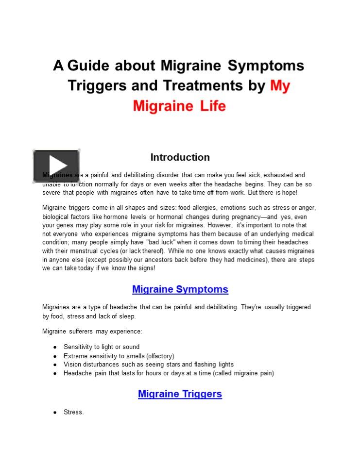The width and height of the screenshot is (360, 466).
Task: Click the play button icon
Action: point(56,166)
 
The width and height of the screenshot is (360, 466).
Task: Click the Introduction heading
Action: point(180,157)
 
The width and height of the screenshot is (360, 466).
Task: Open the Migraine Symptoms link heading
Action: point(180,289)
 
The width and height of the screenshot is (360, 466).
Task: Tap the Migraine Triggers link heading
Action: point(180,394)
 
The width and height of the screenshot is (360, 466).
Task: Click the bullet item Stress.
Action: point(73,412)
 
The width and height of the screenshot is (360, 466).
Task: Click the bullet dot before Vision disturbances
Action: point(55,365)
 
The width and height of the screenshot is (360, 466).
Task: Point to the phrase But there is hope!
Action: point(272,193)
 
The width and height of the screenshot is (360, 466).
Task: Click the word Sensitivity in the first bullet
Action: point(78,347)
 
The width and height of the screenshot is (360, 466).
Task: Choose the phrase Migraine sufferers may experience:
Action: point(92,332)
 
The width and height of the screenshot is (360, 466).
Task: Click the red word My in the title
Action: point(280,85)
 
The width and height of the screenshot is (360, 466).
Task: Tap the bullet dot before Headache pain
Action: point(55,373)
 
